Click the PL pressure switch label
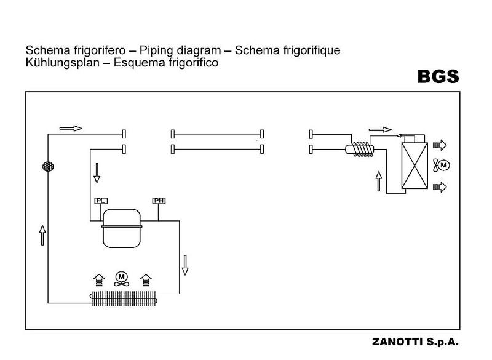click(101, 201)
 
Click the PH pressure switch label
click(159, 201)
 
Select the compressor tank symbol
click(122, 227)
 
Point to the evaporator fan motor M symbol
click(445, 165)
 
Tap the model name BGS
click(438, 77)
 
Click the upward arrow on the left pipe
click(42, 234)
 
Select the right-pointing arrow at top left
click(71, 128)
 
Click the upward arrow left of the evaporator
click(379, 181)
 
